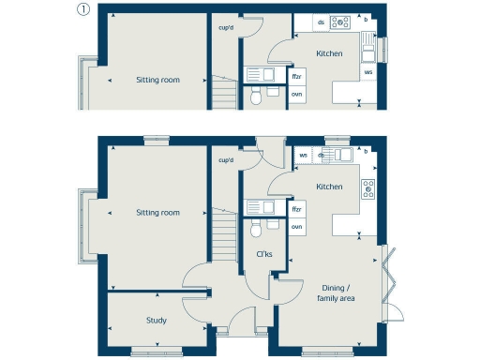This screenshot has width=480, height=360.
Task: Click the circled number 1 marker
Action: [x=83, y=11]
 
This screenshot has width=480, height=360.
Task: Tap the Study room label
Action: [x=157, y=321]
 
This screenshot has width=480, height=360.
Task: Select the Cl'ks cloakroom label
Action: [x=264, y=253]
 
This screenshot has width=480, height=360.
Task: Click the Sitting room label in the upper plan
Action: [x=157, y=80]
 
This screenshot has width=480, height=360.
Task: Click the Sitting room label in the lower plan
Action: [x=157, y=213]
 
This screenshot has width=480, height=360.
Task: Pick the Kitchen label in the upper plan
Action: [x=329, y=53]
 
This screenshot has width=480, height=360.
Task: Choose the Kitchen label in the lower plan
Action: [x=329, y=187]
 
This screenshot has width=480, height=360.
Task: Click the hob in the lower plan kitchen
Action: [x=368, y=188]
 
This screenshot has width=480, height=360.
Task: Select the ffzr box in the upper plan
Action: [x=296, y=76]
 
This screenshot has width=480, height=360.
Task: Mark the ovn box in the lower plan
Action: [x=296, y=227]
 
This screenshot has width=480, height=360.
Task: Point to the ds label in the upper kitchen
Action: [x=322, y=22]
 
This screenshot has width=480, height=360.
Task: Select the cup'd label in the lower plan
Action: [x=225, y=161]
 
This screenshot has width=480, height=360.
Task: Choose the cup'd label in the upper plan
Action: [x=225, y=27]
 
